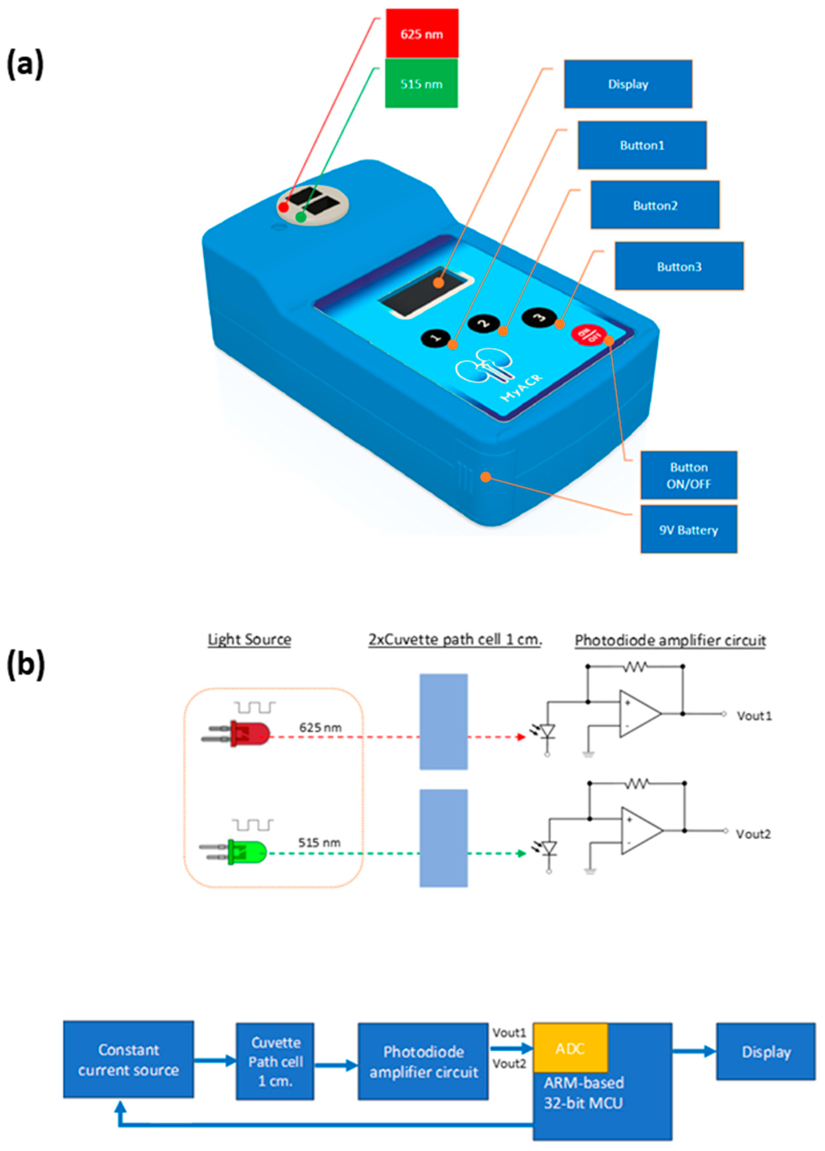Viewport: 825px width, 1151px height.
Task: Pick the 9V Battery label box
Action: [688, 530]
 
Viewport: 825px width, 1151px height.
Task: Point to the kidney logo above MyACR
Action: [484, 366]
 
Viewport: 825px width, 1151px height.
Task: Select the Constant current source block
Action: [128, 1060]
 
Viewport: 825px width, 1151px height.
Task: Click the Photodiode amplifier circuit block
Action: [423, 1062]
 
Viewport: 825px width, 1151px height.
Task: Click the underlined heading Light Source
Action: [249, 639]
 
